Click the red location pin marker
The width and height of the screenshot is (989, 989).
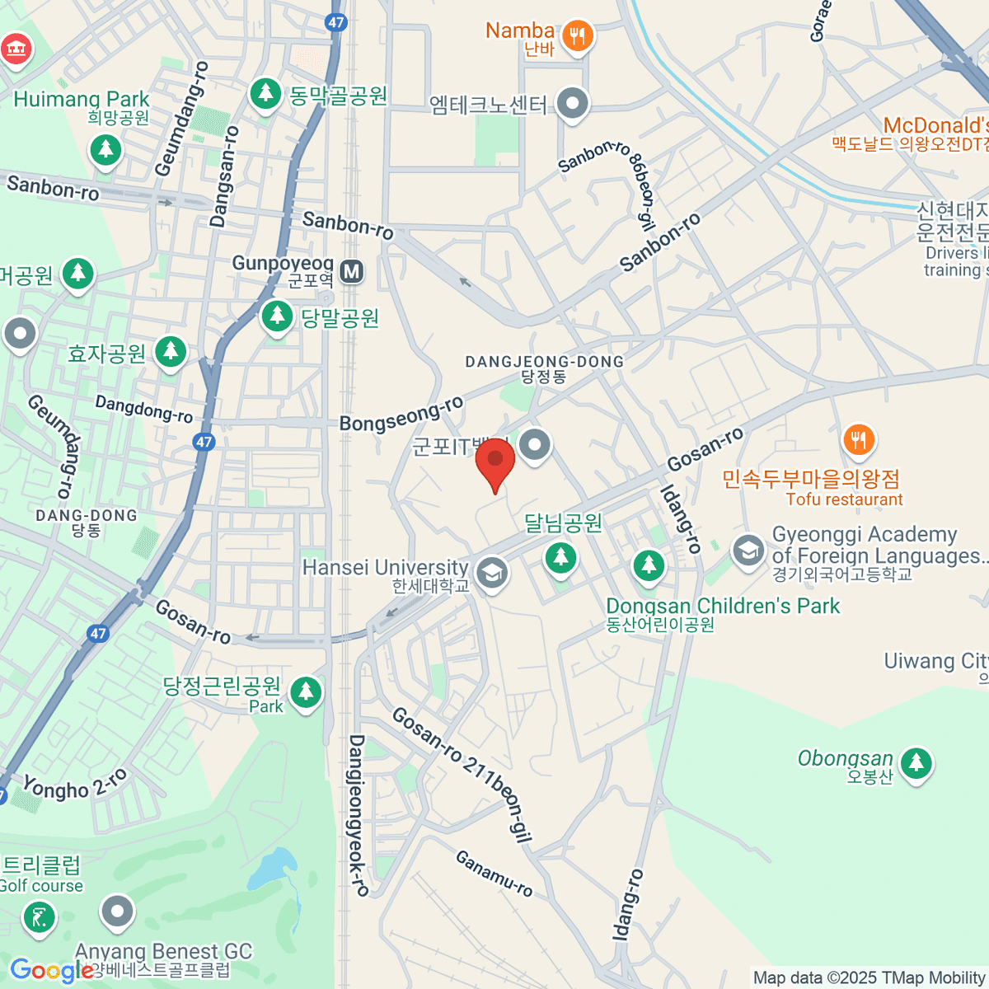click(495, 462)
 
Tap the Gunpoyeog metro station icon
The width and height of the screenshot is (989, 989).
click(353, 271)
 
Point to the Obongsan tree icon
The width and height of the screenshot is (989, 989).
click(915, 763)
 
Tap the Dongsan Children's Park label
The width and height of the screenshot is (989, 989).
click(722, 607)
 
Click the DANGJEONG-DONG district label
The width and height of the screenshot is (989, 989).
click(544, 362)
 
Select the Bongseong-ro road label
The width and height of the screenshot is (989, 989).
click(402, 414)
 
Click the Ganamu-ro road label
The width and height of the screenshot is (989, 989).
click(494, 874)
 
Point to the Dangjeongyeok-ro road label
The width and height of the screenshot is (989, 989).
click(358, 815)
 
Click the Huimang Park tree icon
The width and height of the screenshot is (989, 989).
click(105, 151)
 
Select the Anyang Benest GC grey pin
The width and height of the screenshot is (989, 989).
click(117, 912)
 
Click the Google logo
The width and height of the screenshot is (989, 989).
click(51, 971)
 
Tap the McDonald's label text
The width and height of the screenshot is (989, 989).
click(935, 125)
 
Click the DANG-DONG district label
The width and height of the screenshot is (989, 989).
click(87, 516)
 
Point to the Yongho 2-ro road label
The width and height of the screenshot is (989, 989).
click(75, 784)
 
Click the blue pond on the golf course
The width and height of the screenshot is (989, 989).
click(272, 867)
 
